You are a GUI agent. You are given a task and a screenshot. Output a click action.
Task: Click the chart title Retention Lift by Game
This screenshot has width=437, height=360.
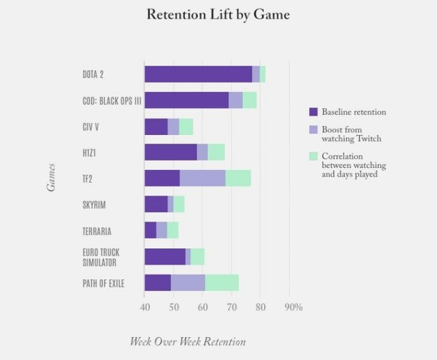(218, 15)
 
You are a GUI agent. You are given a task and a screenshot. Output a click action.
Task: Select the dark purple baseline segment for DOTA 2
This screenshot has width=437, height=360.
(198, 74)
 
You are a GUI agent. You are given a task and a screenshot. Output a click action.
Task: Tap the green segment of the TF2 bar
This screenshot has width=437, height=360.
(238, 178)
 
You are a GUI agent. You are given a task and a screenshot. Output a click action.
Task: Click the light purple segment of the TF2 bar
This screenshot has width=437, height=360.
(202, 178)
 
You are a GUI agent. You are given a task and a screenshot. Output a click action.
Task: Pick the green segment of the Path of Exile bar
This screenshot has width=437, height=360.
(222, 283)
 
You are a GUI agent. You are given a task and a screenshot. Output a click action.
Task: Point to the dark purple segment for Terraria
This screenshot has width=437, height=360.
(150, 230)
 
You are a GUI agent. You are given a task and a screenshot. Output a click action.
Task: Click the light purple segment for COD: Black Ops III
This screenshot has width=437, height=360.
(235, 100)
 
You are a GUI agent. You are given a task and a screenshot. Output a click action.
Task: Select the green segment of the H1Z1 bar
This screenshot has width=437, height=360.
(216, 152)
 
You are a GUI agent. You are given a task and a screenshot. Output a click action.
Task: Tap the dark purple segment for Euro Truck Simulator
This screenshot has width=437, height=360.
(165, 257)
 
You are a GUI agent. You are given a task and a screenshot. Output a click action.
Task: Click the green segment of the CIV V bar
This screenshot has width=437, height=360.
(186, 126)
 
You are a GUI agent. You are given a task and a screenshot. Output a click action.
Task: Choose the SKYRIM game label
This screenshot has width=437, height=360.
(94, 205)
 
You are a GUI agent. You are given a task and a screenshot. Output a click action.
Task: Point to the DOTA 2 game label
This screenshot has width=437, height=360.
(93, 74)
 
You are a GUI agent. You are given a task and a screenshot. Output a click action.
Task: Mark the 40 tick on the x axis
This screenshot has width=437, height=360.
(145, 307)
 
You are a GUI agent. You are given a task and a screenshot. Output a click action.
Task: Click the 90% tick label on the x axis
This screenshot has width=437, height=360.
(293, 307)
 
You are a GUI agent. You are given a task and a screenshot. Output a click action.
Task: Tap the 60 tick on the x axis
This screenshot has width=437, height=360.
(203, 307)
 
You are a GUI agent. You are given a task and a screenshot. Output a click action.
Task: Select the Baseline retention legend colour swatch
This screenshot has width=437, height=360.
(314, 112)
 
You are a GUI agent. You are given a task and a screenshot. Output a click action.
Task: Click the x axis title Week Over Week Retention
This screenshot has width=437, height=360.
(187, 341)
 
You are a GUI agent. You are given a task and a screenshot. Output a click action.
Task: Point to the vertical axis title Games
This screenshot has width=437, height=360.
(51, 177)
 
